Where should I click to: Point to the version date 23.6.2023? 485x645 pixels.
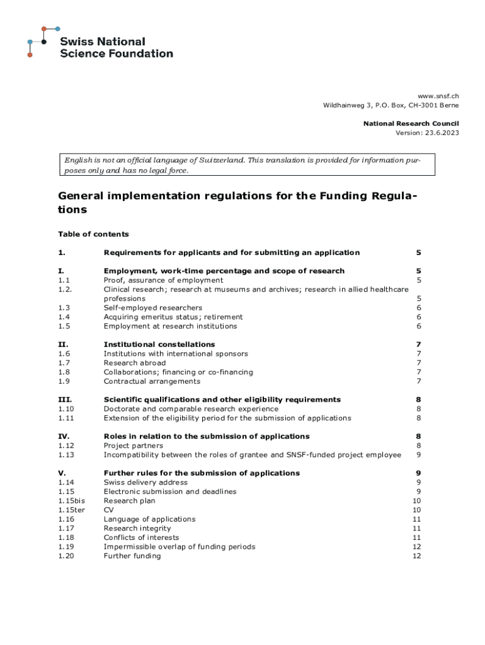point(438,133)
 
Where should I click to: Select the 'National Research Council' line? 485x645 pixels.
point(411,123)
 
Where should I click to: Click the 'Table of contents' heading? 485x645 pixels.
point(93,234)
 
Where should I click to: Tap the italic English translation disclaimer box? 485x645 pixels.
point(239,166)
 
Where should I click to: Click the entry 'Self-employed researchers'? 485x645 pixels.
point(153,308)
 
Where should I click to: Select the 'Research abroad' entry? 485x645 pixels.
point(135,363)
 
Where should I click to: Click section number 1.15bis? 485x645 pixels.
point(71,501)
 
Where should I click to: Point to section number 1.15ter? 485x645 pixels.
point(71,510)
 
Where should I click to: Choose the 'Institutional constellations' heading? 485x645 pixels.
point(159,345)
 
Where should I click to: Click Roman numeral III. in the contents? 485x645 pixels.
point(65,399)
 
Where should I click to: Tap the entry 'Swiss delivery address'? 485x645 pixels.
point(145,482)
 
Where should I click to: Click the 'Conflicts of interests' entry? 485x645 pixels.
point(141,538)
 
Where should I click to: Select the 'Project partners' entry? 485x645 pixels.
point(134,446)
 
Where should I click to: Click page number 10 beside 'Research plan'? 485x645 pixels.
point(416,501)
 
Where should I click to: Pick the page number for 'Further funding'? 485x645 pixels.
point(416,556)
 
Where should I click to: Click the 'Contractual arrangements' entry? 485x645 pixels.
point(152,381)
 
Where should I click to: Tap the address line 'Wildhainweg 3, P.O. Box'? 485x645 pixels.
point(391,105)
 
